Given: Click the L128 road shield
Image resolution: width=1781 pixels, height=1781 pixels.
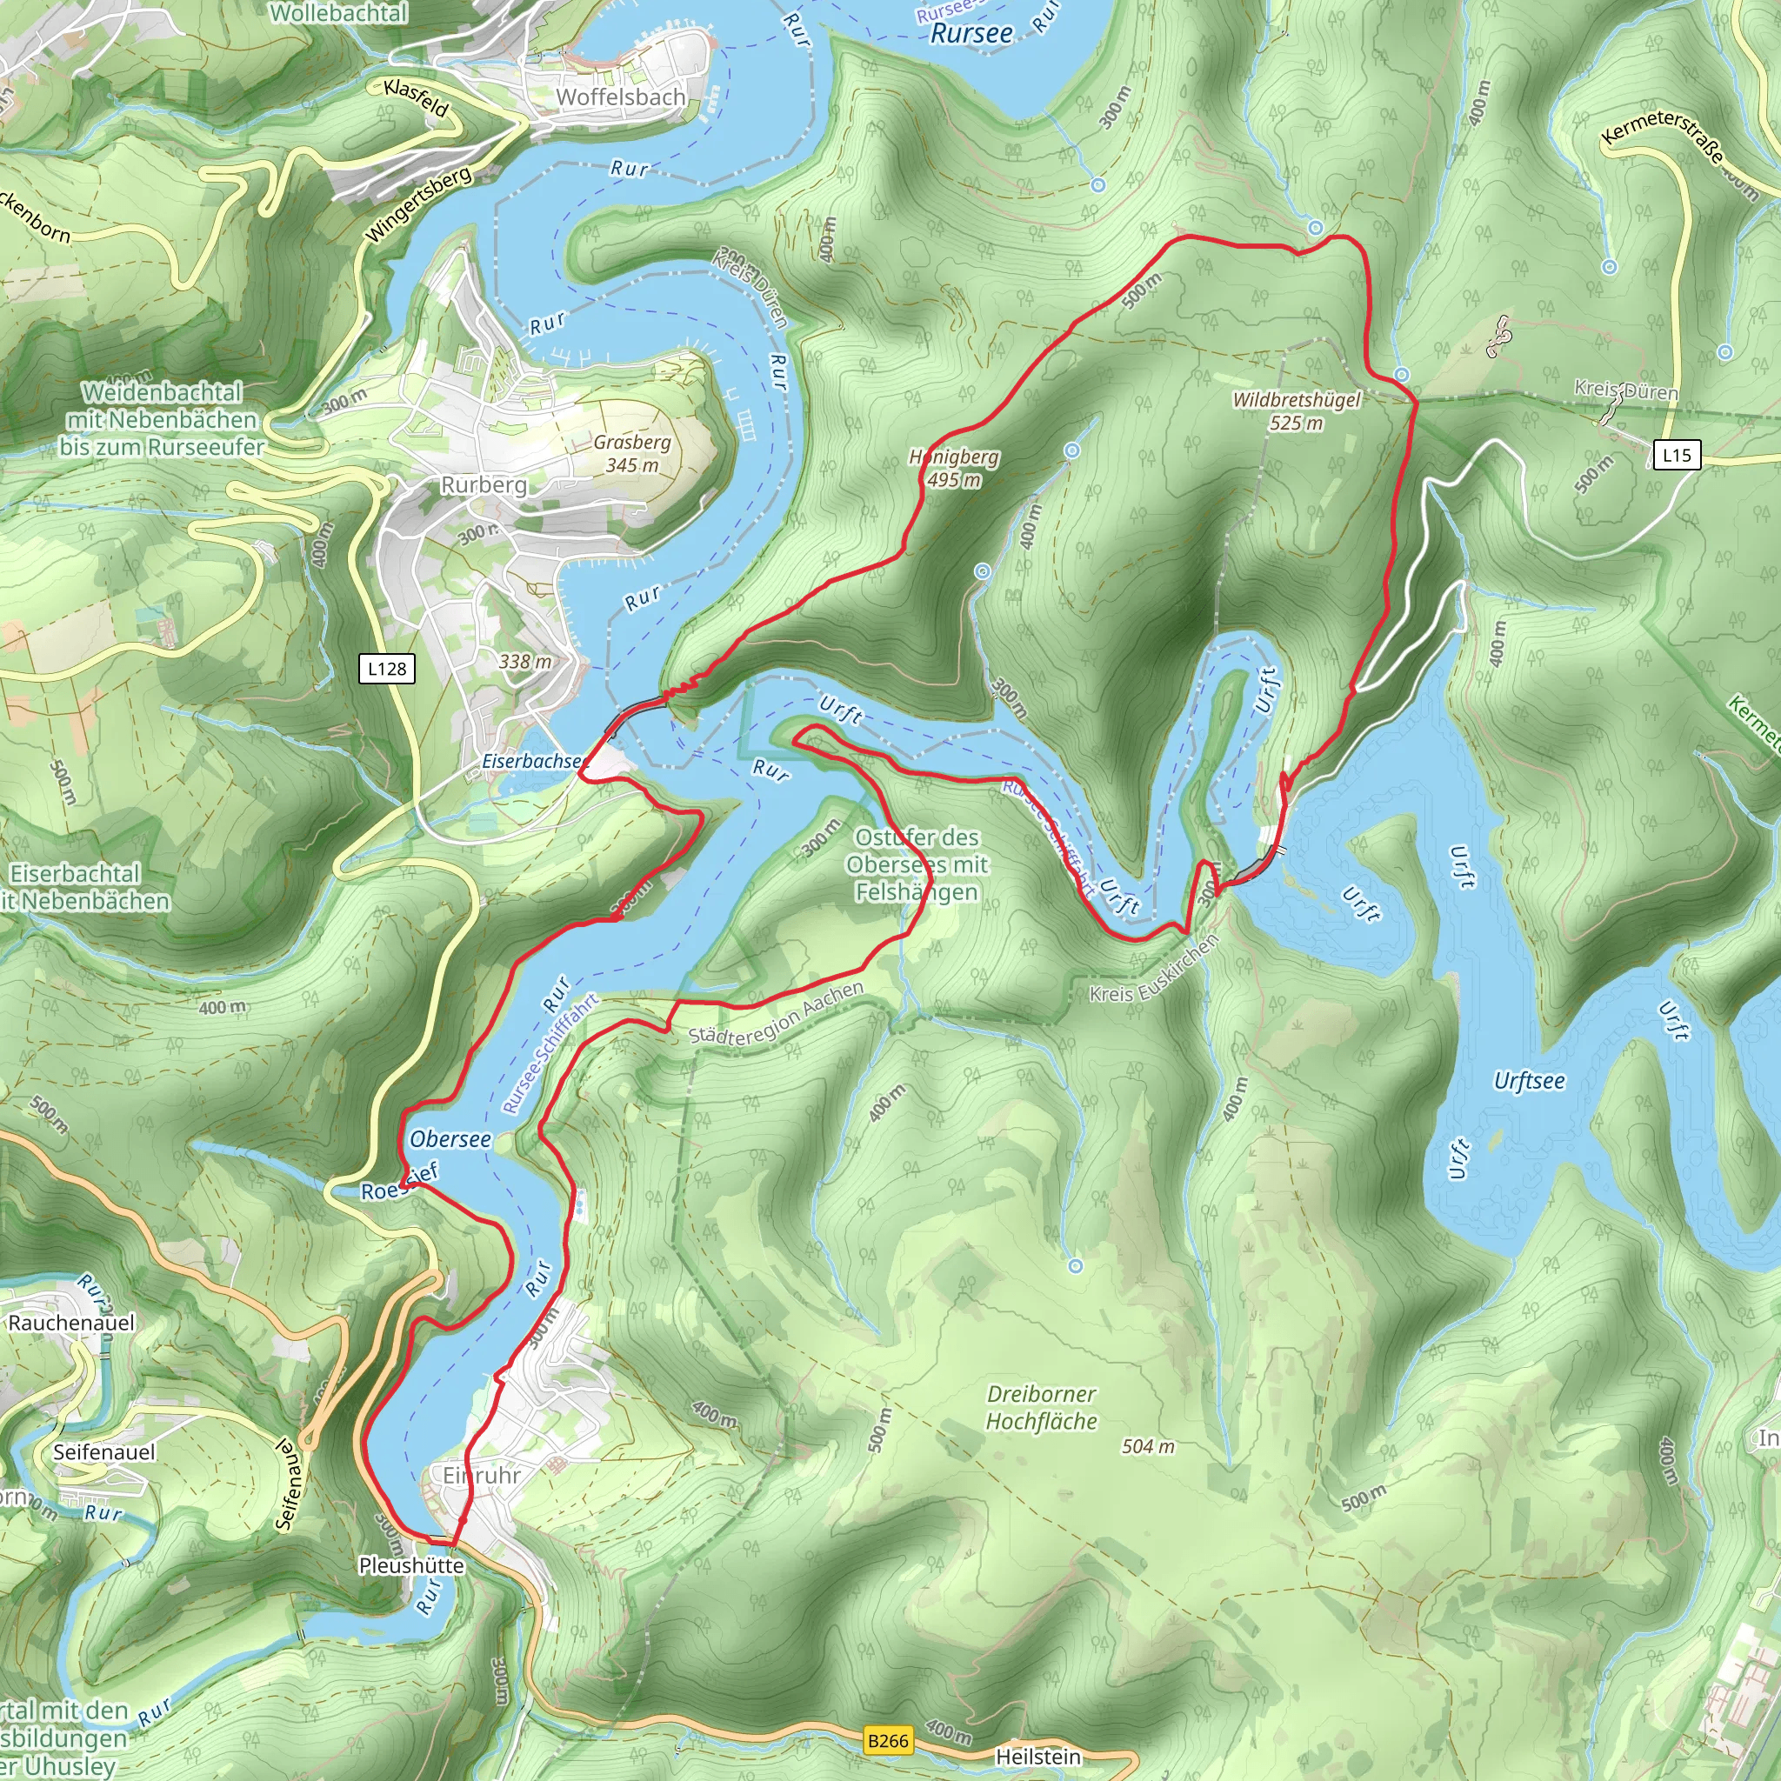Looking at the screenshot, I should click(386, 669).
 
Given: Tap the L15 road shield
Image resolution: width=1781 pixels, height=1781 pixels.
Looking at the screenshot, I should click(1676, 455).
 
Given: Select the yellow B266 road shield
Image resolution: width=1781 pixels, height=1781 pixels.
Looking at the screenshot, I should click(888, 1740).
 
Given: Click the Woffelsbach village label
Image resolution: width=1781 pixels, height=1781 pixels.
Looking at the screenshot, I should click(620, 97).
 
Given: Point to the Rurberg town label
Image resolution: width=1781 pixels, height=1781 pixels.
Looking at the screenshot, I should click(484, 485).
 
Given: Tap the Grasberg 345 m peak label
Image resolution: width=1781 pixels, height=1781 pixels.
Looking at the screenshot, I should click(631, 454).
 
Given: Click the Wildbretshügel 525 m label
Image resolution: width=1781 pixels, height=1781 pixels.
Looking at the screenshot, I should click(1296, 411).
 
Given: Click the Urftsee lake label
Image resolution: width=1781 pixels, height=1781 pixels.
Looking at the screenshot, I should click(1530, 1080).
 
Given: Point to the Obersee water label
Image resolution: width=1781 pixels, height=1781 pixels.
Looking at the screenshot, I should click(450, 1139).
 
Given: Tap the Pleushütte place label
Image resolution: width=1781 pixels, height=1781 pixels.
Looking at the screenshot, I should click(411, 1565).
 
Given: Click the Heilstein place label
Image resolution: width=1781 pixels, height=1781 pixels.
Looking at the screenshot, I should click(1038, 1757).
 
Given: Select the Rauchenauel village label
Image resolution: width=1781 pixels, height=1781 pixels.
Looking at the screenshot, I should click(71, 1323).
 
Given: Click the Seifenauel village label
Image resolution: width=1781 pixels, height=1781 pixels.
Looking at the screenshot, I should click(104, 1452).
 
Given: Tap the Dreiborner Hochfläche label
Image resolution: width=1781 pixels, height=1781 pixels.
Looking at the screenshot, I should click(1042, 1408).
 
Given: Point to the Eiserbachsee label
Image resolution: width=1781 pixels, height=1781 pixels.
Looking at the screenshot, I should click(533, 762).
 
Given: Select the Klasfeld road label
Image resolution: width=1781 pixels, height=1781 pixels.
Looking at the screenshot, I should click(417, 98).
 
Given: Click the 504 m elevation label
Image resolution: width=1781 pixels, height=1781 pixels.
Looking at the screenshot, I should click(1149, 1446).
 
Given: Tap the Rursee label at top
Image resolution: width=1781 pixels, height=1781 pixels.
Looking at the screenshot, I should click(971, 34).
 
